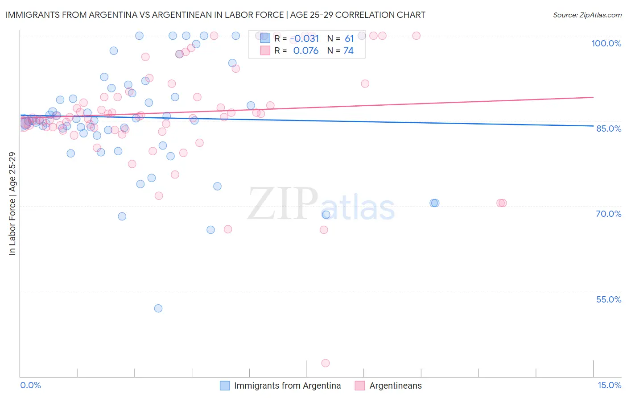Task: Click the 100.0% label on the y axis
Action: [x=606, y=43]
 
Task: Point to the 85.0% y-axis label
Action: [x=609, y=129]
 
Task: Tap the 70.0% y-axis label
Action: [x=609, y=214]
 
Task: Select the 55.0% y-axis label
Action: [x=609, y=299]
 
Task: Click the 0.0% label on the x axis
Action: [x=30, y=385]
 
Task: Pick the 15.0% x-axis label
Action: [x=609, y=385]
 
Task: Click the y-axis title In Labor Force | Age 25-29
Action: [x=12, y=203]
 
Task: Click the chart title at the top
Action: [x=215, y=15]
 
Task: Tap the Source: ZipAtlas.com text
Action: [x=587, y=15]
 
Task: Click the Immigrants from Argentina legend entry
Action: [x=287, y=386]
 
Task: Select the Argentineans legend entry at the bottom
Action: [x=395, y=386]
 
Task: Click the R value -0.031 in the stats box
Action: [x=305, y=39]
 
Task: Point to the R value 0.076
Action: [x=305, y=51]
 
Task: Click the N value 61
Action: [x=349, y=39]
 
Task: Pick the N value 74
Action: [x=348, y=51]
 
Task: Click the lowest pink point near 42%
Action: [x=326, y=363]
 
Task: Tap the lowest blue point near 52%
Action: [x=158, y=308]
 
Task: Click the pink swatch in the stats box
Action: [x=265, y=51]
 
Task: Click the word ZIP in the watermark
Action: [x=283, y=204]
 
